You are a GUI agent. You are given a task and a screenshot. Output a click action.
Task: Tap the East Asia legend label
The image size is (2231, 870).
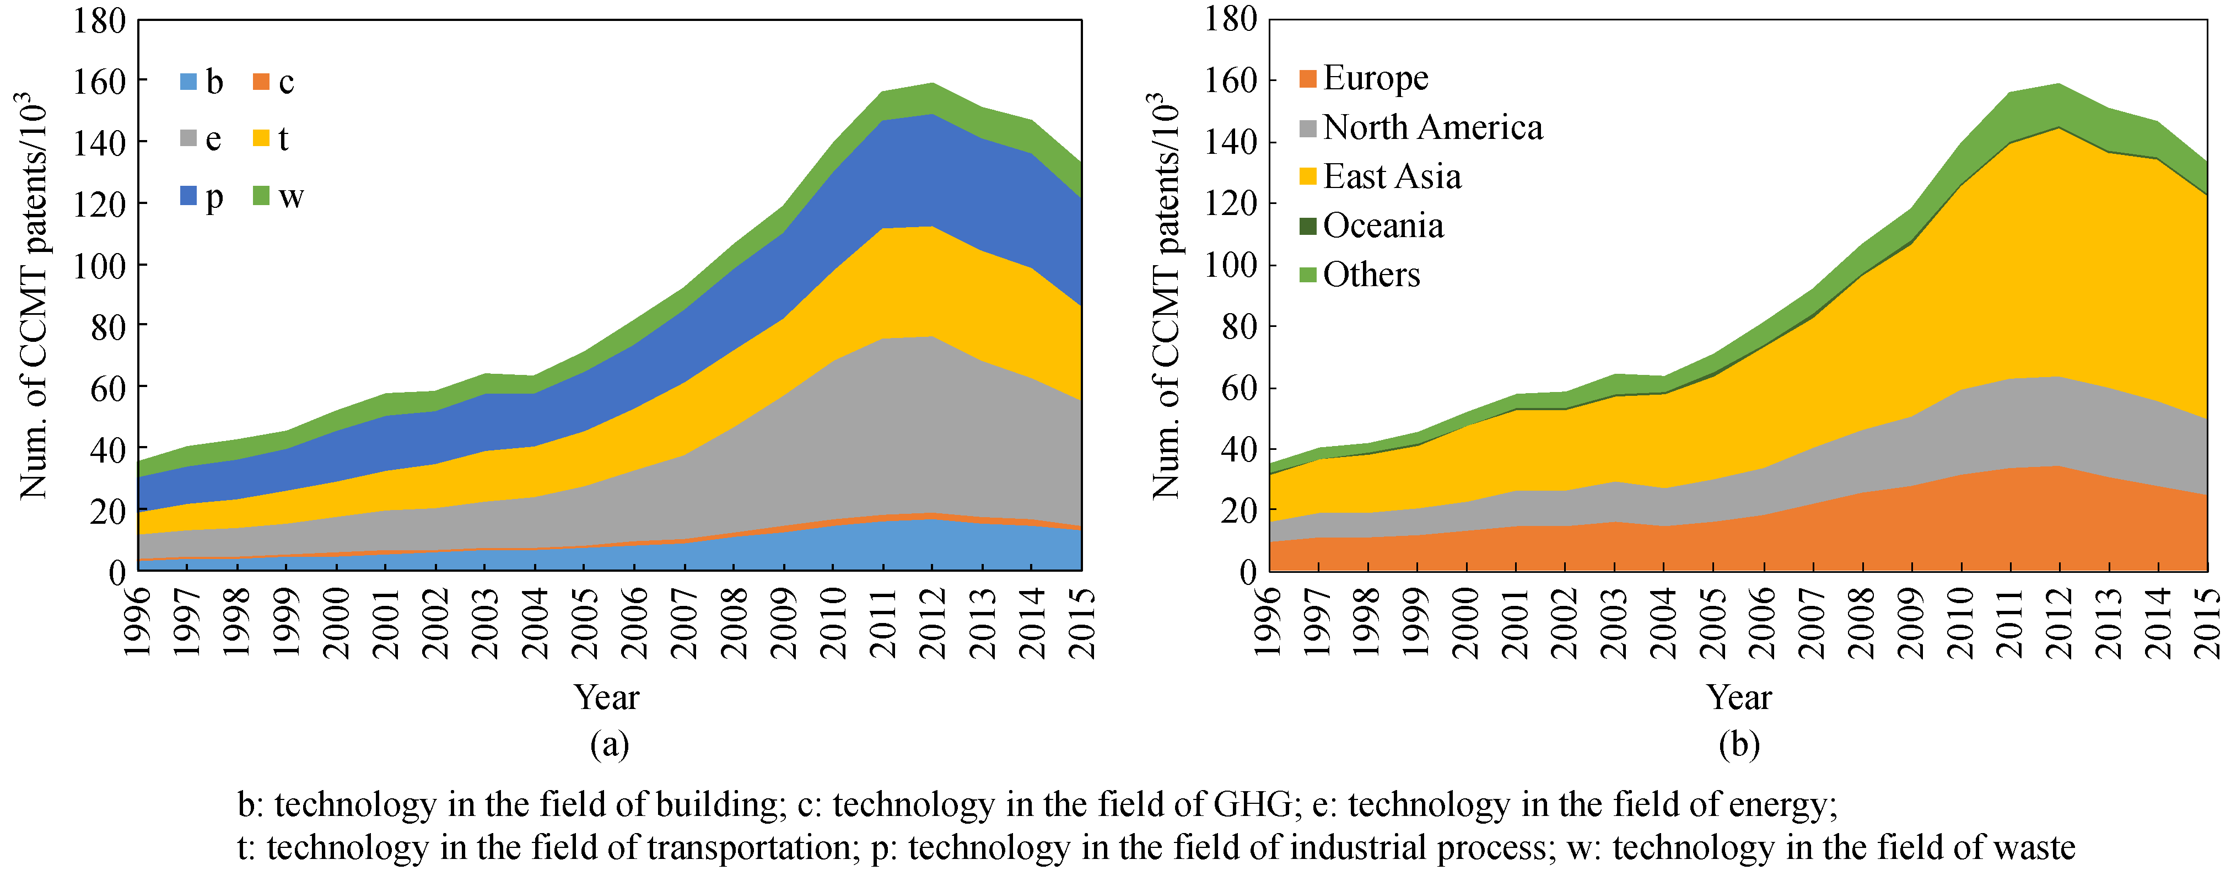click(x=1392, y=177)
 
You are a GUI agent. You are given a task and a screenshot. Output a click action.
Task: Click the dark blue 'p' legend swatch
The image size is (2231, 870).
click(x=188, y=197)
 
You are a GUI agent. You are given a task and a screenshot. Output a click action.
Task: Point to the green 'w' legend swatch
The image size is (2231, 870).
click(x=261, y=197)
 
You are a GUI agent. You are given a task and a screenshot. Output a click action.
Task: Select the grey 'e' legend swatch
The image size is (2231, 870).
click(x=188, y=138)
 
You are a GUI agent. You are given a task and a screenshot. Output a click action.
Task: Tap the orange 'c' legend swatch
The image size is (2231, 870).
click(x=261, y=82)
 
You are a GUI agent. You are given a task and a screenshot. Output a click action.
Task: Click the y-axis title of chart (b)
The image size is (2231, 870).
click(x=1166, y=294)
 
